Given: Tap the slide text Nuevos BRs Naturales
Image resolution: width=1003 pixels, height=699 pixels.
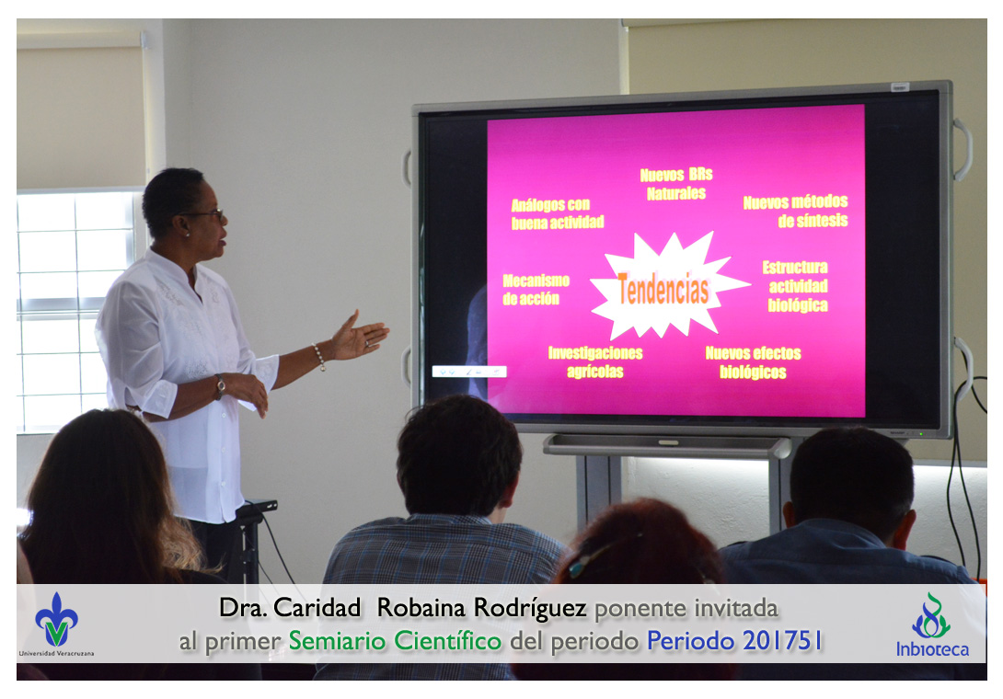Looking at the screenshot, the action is tap(676, 184).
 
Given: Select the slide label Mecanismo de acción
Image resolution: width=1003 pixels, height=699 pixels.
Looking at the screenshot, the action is tap(536, 290).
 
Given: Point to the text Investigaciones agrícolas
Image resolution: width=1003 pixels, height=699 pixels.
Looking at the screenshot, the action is tap(594, 362).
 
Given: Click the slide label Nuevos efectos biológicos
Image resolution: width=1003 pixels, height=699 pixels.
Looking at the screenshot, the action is tap(753, 362).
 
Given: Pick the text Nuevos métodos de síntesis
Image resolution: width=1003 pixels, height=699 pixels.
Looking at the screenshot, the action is tap(795, 212).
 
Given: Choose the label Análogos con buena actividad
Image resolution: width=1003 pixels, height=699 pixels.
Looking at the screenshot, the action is tap(557, 213).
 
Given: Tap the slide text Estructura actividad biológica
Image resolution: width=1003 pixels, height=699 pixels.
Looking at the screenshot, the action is tap(796, 286).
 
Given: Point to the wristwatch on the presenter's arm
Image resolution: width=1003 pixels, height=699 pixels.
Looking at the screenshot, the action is tap(219, 386).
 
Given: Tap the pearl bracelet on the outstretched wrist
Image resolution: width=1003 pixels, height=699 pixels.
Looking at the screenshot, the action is tap(318, 357).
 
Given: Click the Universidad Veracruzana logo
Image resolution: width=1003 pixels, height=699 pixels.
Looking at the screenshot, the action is tap(56, 623).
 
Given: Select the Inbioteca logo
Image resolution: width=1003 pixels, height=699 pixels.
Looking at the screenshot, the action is tap(932, 626).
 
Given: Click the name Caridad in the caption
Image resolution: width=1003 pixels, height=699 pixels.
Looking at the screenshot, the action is tap(317, 608).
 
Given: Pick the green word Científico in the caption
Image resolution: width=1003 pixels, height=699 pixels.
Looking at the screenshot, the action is tap(448, 641).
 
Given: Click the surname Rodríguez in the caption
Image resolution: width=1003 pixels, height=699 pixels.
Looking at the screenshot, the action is tap(530, 609).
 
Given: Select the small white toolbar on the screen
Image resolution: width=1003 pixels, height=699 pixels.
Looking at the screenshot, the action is tap(469, 372).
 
